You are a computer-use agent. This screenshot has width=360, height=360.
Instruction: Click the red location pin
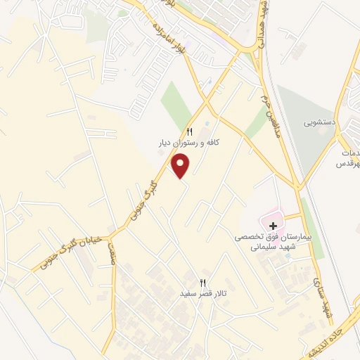[181, 165]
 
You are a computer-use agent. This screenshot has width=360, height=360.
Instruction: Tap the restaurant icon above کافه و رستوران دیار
[189, 132]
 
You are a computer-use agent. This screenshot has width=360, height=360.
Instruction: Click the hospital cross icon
[274, 226]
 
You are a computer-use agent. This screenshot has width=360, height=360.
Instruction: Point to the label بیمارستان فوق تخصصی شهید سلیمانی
[272, 243]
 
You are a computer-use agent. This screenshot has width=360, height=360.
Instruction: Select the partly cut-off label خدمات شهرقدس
[349, 158]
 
